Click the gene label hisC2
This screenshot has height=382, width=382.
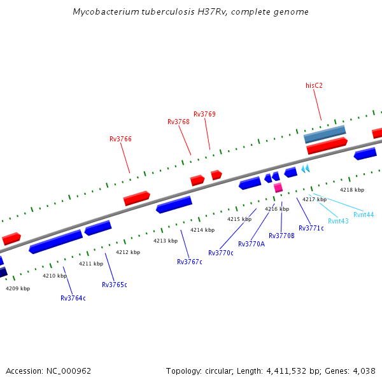coord(314,85)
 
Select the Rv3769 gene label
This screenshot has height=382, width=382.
coord(204,115)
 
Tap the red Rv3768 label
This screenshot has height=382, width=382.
coord(178,122)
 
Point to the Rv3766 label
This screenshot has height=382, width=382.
coord(120,139)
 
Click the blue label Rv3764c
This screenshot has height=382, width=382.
coord(73,298)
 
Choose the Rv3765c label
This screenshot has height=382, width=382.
coord(115,285)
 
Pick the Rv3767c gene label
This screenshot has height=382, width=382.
coord(190,262)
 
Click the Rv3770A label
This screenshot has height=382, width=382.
coord(251,244)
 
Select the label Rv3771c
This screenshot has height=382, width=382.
coord(311,228)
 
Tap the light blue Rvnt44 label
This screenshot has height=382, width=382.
coord(364,215)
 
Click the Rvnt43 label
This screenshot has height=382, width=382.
coord(338,221)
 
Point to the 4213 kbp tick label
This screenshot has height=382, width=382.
coord(166,241)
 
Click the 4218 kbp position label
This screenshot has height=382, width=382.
coord(352,190)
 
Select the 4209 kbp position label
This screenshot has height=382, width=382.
coord(18,288)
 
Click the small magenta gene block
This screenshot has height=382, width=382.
coord(278,188)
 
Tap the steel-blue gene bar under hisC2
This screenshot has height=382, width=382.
coord(325,134)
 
